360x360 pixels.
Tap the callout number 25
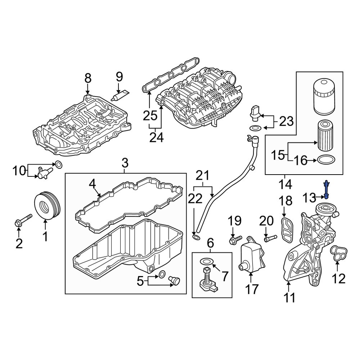(150, 116)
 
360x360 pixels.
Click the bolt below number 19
(233, 239)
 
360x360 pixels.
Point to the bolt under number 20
(270, 238)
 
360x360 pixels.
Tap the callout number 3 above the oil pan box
(125, 163)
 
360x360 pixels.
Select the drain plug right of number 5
(175, 280)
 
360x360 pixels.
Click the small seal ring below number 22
(196, 238)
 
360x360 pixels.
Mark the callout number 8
(88, 77)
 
